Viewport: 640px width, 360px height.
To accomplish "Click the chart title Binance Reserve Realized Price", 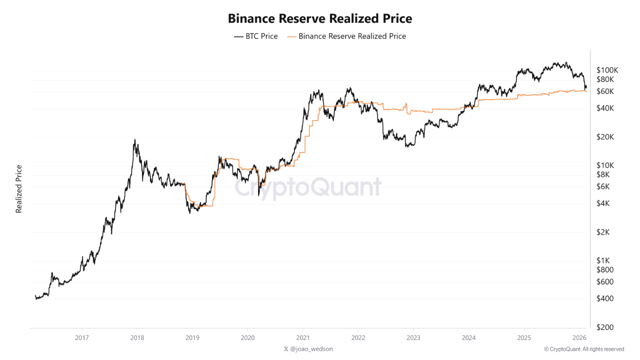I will (x=320, y=18).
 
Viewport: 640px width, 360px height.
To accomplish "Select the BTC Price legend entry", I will (x=255, y=36).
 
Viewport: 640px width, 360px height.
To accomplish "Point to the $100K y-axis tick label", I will (x=607, y=69).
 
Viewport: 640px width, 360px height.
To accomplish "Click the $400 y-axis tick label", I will (x=605, y=298).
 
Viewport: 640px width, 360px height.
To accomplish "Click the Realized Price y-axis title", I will (x=19, y=189).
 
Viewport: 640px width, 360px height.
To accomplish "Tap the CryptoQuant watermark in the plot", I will (x=308, y=187).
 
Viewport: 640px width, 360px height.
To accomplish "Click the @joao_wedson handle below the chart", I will (x=308, y=349).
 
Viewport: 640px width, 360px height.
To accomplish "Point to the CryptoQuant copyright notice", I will (x=583, y=349).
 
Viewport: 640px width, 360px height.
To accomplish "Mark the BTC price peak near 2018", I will (x=135, y=140).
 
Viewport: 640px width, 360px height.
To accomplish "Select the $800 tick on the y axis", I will (x=605, y=269).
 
